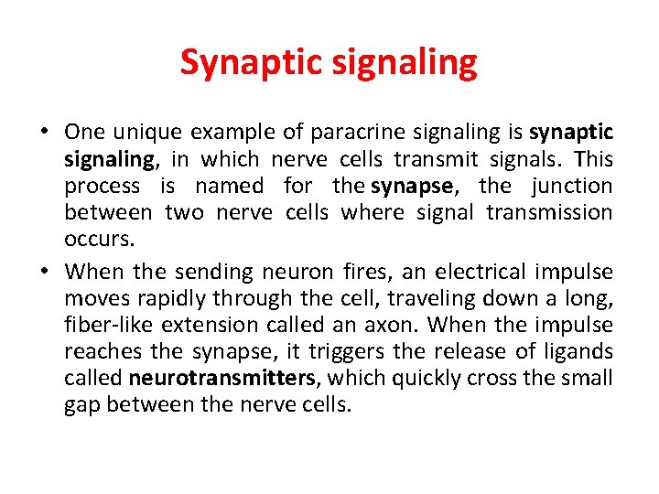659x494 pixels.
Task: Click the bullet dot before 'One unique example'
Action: (x=44, y=133)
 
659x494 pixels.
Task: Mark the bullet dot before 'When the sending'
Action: (x=44, y=272)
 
